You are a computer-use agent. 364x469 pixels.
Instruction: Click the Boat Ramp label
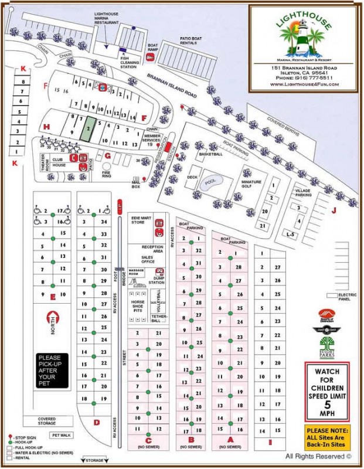(x=153, y=48)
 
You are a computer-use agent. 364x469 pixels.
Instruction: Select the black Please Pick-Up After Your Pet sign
(x=53, y=371)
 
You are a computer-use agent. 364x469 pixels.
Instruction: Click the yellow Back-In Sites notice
(x=327, y=437)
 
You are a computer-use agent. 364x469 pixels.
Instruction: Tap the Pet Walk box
(x=61, y=435)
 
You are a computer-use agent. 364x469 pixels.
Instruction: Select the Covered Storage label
(x=47, y=421)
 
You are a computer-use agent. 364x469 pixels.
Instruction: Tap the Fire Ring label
(x=107, y=174)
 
